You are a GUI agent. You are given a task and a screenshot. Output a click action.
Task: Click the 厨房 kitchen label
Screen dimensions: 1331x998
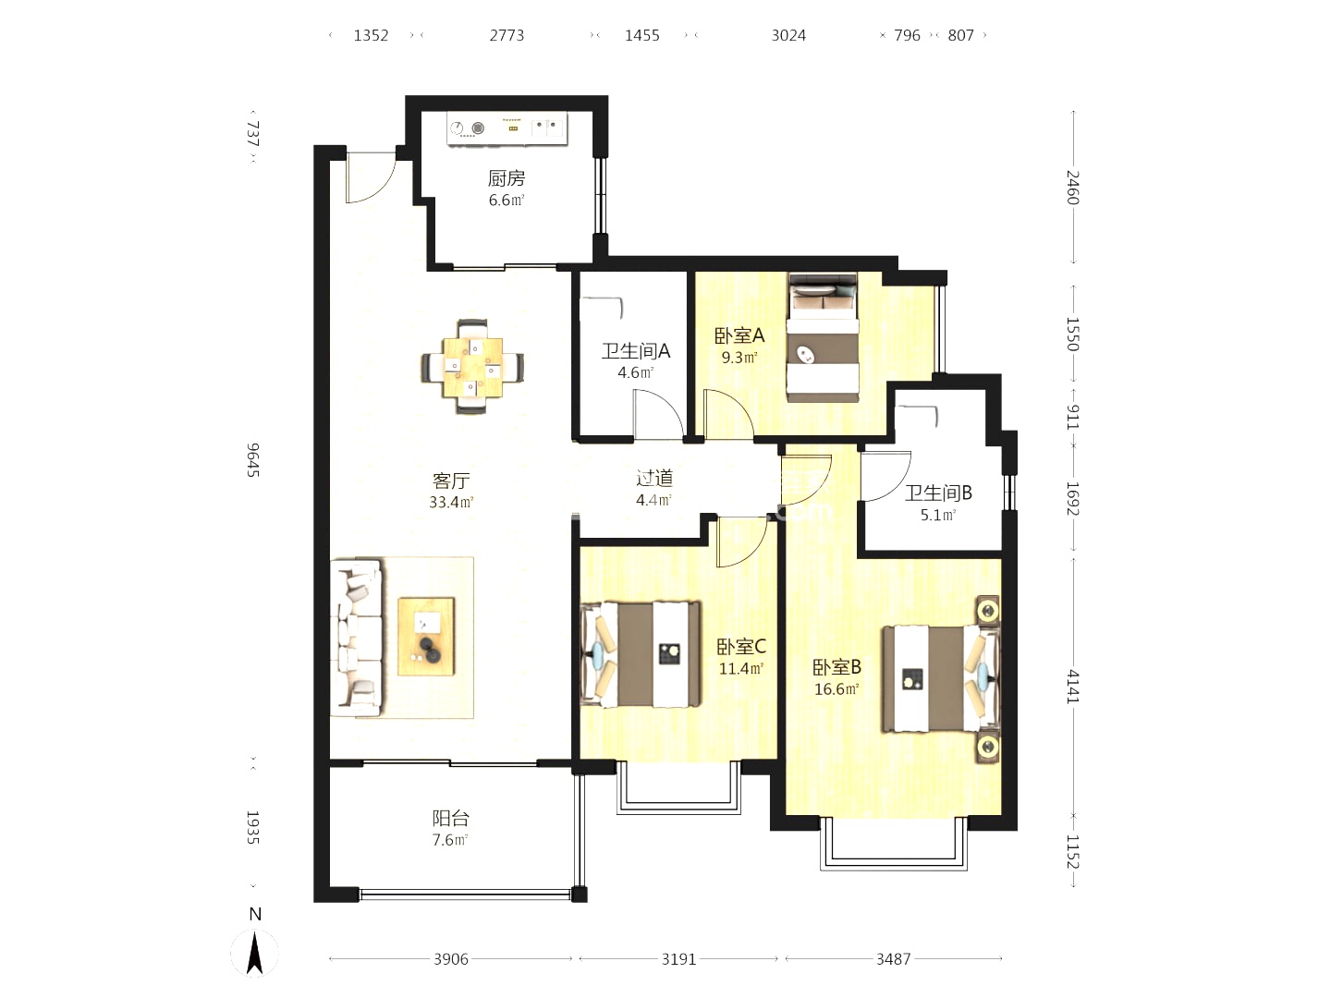coord(507,178)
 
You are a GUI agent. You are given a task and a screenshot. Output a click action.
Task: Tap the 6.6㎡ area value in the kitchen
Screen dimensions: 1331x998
coord(507,200)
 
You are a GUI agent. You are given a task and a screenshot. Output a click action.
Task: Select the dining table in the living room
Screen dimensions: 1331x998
coord(472,367)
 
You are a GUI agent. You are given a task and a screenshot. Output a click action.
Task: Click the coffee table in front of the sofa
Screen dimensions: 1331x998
coord(426,637)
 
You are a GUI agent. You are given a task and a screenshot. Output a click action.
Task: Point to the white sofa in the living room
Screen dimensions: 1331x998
coord(356,638)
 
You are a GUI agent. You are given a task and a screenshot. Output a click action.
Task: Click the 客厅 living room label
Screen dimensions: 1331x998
coord(451,481)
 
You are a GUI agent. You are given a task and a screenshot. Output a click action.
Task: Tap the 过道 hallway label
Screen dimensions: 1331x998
coord(654,478)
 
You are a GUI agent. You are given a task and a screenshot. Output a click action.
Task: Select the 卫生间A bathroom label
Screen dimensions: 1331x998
coord(636,351)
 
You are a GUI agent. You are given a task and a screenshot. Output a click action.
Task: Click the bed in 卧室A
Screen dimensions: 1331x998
coord(823,337)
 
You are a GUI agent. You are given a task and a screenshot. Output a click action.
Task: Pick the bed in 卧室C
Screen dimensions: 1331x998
coord(641,654)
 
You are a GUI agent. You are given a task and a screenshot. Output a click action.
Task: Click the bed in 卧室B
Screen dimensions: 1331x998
coord(941,678)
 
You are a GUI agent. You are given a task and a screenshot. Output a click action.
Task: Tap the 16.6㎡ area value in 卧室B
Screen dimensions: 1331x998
coord(836,689)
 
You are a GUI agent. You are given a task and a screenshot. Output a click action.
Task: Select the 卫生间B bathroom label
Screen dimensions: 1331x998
coord(938,493)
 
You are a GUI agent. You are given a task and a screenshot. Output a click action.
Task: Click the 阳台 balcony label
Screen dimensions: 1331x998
coord(450,819)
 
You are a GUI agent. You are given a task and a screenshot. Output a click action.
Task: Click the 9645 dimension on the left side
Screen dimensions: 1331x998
coord(253,460)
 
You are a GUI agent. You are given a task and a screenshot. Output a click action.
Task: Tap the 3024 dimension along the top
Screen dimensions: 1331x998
coord(788,36)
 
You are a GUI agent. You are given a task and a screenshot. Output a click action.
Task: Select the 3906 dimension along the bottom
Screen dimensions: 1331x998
coord(451,959)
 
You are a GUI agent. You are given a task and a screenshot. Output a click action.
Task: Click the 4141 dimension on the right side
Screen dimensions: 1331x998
coord(1073,687)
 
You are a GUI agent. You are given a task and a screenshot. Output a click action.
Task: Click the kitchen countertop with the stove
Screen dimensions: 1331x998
coord(507,128)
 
